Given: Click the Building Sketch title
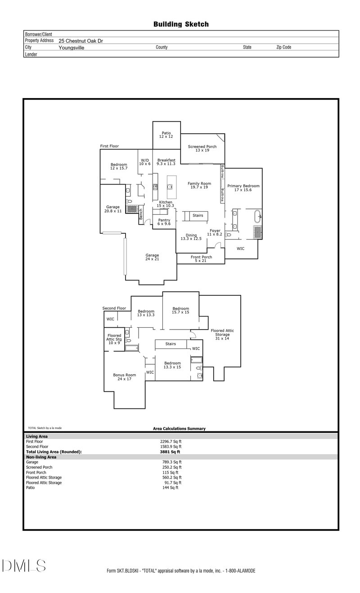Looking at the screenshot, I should pyautogui.click(x=181, y=24).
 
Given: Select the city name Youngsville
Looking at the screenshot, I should pyautogui.click(x=71, y=47).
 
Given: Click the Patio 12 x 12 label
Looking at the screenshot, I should pyautogui.click(x=166, y=135).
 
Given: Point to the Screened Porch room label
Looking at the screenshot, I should pyautogui.click(x=202, y=149).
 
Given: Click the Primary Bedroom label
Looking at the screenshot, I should pyautogui.click(x=243, y=188).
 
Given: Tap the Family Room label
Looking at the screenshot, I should pyautogui.click(x=199, y=185).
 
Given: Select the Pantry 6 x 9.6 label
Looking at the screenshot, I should pyautogui.click(x=164, y=222).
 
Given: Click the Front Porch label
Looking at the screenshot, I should pyautogui.click(x=200, y=259).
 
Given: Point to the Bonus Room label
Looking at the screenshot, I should pyautogui.click(x=124, y=377).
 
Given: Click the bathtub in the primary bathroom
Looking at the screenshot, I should pyautogui.click(x=258, y=217).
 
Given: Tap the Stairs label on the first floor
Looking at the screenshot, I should pyautogui.click(x=198, y=216).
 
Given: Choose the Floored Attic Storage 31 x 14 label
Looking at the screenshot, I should pyautogui.click(x=222, y=335).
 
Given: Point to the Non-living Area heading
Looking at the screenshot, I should pyautogui.click(x=41, y=457).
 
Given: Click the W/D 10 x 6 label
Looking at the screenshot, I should pyautogui.click(x=145, y=162).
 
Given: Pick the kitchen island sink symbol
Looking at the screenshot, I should pyautogui.click(x=171, y=186).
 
